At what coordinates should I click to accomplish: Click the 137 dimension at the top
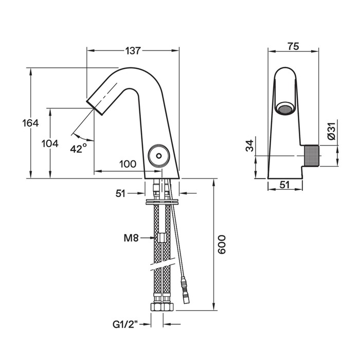click(133, 50)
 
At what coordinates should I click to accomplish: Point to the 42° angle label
click(79, 148)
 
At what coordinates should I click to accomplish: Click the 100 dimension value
click(128, 164)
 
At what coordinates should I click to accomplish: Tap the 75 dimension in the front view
click(293, 47)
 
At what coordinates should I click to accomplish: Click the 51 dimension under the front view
click(283, 184)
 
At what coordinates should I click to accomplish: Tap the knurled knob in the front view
click(312, 156)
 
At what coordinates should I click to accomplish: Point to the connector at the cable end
click(185, 284)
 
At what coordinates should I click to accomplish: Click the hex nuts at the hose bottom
click(162, 307)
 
